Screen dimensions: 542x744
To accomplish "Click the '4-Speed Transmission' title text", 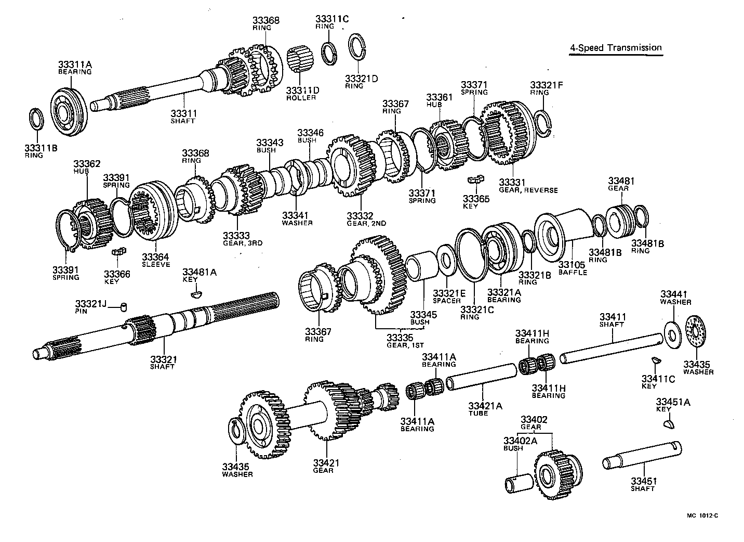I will [x=616, y=48].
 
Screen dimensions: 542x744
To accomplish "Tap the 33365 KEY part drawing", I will [x=475, y=179].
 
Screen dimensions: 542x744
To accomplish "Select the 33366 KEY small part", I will [x=119, y=252].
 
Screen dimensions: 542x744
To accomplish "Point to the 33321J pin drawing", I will [x=124, y=306].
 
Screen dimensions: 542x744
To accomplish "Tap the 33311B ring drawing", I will [x=36, y=118].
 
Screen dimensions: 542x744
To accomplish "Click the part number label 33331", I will [x=512, y=183].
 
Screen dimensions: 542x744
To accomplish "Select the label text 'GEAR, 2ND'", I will [x=366, y=223].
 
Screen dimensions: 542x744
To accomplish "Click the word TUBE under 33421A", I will [x=478, y=414].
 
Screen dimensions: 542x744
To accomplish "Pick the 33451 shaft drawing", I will [x=642, y=456].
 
